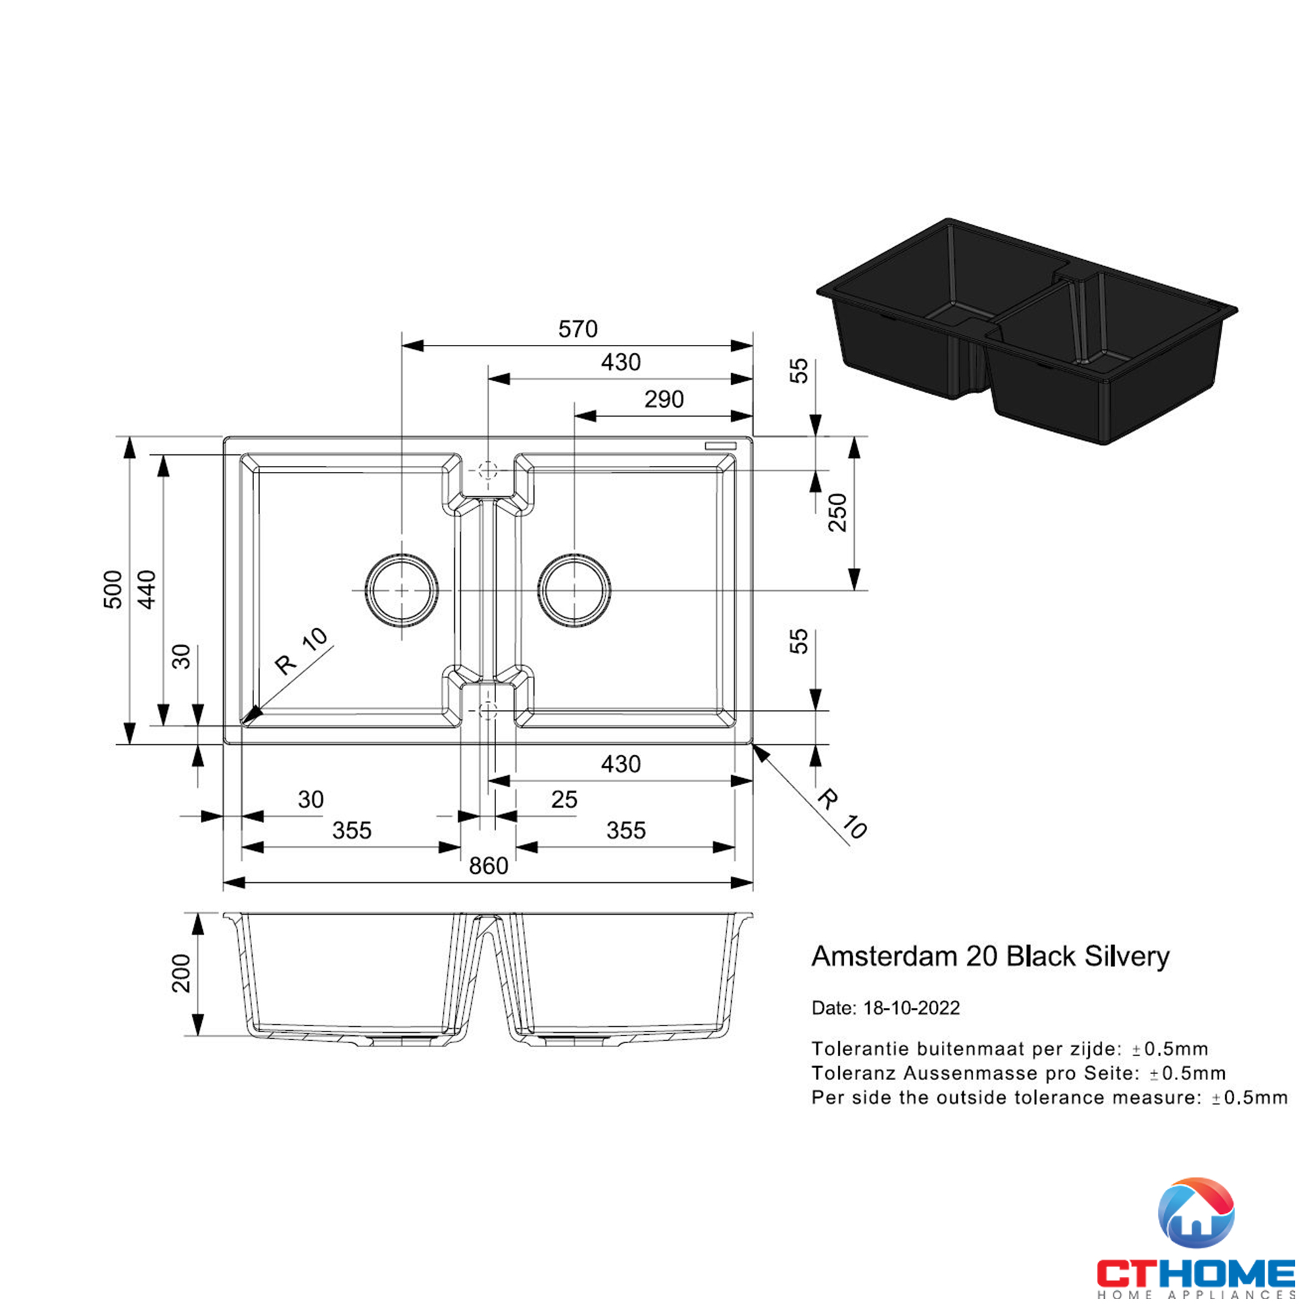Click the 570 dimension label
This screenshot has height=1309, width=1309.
pyautogui.click(x=577, y=329)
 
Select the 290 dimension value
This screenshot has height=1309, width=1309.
pyautogui.click(x=663, y=400)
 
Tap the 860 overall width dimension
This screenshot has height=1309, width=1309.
pyautogui.click(x=488, y=866)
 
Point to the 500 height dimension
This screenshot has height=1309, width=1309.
pyautogui.click(x=113, y=590)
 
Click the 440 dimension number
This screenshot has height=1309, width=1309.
pyautogui.click(x=147, y=590)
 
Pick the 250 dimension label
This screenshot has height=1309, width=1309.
pyautogui.click(x=838, y=513)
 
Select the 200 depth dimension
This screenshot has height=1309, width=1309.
pyautogui.click(x=181, y=974)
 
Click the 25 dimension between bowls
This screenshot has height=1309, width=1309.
pyautogui.click(x=564, y=800)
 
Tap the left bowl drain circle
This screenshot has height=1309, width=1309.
pyautogui.click(x=402, y=590)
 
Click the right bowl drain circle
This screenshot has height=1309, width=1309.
pyautogui.click(x=575, y=590)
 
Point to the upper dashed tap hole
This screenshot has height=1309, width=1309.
pyautogui.click(x=488, y=469)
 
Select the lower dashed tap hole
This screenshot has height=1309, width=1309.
pyautogui.click(x=488, y=710)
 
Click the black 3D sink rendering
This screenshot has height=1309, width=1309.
pyautogui.click(x=1026, y=332)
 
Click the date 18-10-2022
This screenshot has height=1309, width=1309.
pyautogui.click(x=911, y=1008)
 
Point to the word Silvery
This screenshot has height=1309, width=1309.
pyautogui.click(x=1127, y=956)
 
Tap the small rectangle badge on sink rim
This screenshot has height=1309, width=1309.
pyautogui.click(x=720, y=445)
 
